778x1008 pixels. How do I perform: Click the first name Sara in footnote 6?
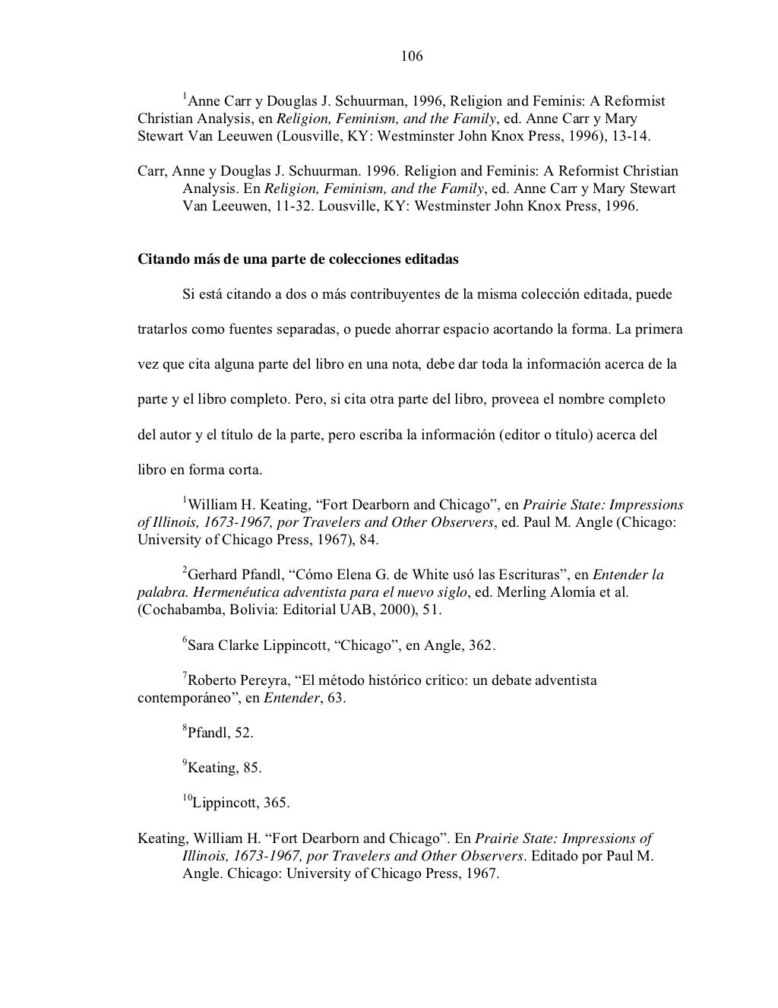(201, 646)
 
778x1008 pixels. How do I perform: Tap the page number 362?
(482, 646)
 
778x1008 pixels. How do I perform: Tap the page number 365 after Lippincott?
(277, 803)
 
